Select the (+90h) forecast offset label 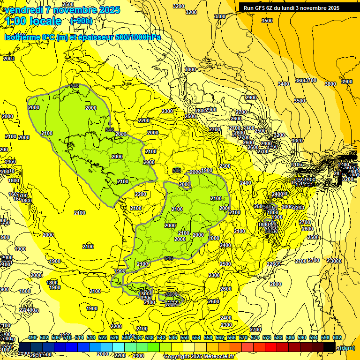tap(81, 21)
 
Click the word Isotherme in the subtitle tap(22, 37)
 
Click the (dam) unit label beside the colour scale tap(347, 348)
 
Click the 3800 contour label tap(330, 84)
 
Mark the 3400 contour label tap(283, 84)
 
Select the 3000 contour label tap(190, 69)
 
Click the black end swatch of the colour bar tap(330, 347)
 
